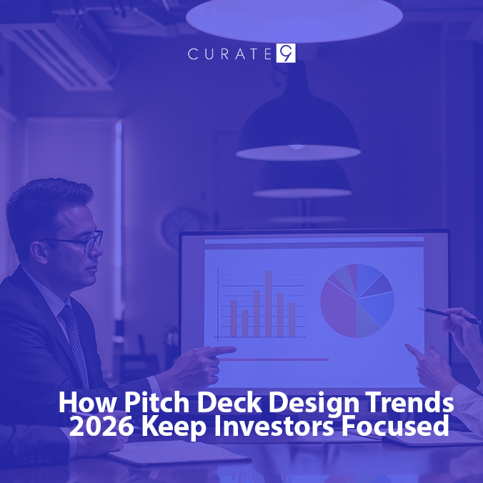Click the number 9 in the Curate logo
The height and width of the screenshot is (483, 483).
tap(286, 54)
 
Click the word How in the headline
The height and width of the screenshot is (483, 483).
tap(80, 403)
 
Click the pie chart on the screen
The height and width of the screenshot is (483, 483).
tap(357, 300)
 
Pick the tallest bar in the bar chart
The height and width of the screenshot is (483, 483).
tap(269, 303)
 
